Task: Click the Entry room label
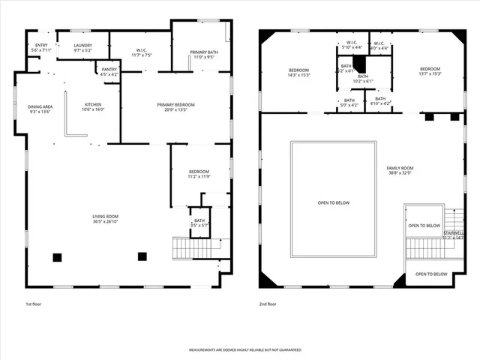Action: click(x=41, y=46)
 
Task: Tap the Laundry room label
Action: click(x=82, y=46)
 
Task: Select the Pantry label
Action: click(x=108, y=70)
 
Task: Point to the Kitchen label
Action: click(x=93, y=104)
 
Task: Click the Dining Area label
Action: click(x=40, y=106)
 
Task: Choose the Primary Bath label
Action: click(x=203, y=52)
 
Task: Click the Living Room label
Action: click(x=105, y=217)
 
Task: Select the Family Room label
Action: click(x=400, y=168)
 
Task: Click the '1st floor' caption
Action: click(x=34, y=304)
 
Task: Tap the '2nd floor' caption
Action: click(x=268, y=304)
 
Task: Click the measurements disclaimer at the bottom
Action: click(x=244, y=350)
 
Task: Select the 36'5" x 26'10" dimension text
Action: click(x=105, y=222)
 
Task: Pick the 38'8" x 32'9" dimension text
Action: click(x=400, y=173)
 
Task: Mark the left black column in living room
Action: click(x=57, y=257)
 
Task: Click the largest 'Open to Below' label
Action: click(x=333, y=202)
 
